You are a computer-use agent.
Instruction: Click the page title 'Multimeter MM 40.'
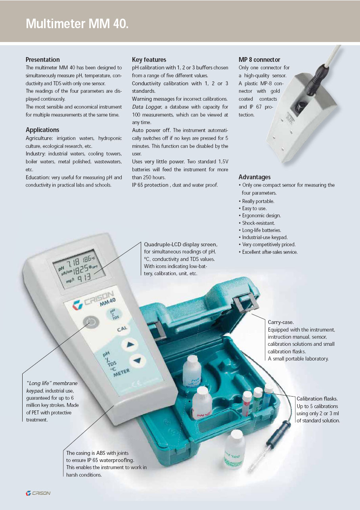point(77,23)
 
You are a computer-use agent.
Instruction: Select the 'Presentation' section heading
point(42,59)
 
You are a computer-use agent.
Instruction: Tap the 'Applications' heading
point(42,130)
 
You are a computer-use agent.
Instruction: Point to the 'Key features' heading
point(149,59)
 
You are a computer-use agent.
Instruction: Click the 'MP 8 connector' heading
point(259,59)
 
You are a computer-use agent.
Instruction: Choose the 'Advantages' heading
point(255,177)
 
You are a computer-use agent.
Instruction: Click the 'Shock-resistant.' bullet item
point(259,223)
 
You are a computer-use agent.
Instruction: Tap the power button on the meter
point(91,322)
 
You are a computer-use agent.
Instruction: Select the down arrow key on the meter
point(138,360)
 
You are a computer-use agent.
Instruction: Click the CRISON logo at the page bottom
point(38,493)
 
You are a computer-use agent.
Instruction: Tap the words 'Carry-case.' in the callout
point(281,322)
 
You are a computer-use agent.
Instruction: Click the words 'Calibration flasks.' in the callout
point(317,399)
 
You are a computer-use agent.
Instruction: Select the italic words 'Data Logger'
point(147,107)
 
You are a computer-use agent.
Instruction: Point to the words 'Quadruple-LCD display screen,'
point(181,245)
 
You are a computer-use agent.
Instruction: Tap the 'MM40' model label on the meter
point(107,302)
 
